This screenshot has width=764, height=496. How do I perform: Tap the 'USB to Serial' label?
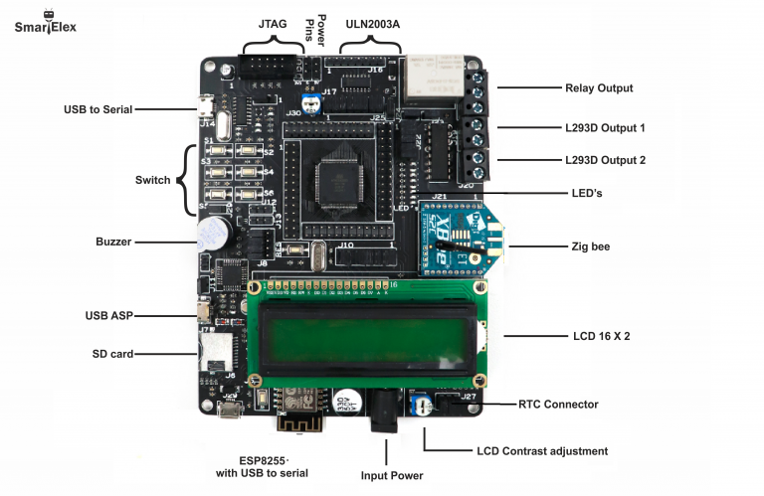(96, 109)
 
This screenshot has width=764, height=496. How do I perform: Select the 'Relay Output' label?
(599, 88)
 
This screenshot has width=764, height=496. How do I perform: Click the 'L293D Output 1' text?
(605, 128)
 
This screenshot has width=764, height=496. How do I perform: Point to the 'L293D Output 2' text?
(605, 160)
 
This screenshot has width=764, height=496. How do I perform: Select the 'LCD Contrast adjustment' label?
(542, 451)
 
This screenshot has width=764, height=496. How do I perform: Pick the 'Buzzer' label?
(113, 242)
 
